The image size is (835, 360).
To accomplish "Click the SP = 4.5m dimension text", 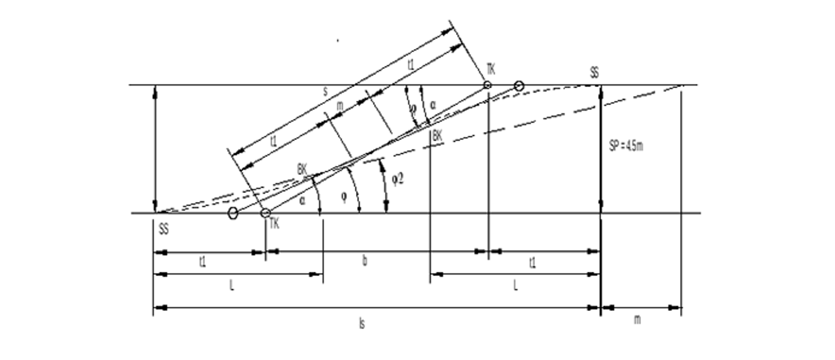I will [626, 146].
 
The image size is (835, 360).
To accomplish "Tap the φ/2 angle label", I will [398, 179].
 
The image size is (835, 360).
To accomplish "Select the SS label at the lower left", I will [163, 229].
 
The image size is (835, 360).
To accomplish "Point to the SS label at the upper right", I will [594, 73].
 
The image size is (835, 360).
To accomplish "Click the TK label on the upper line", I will [491, 69].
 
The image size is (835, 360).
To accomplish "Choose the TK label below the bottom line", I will [274, 224].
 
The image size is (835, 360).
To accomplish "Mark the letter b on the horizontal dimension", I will [364, 261].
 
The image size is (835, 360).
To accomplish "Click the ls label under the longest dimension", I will [362, 324].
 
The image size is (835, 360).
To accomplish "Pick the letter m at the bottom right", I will [637, 320].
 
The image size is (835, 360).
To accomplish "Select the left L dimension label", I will [232, 285].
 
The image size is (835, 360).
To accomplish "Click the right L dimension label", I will [516, 285].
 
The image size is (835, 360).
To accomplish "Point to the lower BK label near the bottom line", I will [302, 169].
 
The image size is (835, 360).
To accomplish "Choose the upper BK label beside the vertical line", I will [437, 136].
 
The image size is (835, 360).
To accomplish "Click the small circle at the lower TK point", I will [265, 213].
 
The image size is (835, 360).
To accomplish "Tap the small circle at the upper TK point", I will [487, 85].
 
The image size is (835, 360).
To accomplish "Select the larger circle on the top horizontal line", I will [519, 86].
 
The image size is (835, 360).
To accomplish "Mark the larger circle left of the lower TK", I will [233, 213].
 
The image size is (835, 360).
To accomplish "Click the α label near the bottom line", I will [302, 200].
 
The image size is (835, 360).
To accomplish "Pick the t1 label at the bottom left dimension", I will [202, 262].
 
